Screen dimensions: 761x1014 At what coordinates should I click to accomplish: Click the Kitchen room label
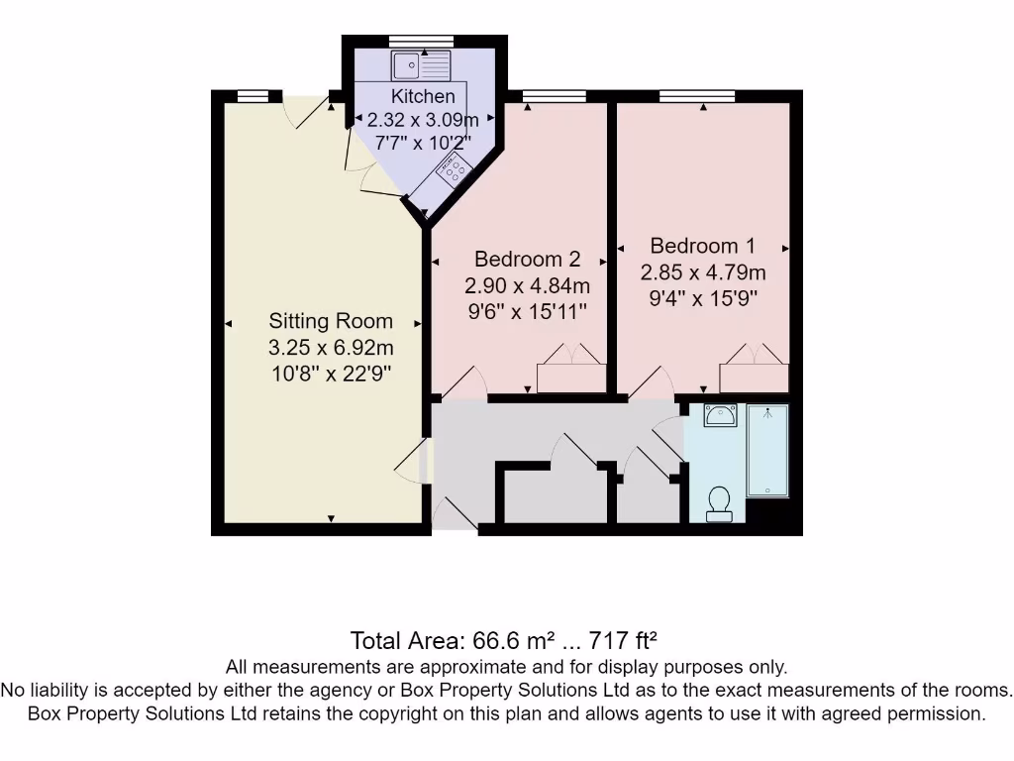tap(423, 96)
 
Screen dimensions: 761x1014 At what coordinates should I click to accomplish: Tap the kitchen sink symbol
tap(421, 66)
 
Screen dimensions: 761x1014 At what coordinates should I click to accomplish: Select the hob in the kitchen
tap(454, 169)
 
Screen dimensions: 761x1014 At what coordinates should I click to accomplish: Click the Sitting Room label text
tap(331, 321)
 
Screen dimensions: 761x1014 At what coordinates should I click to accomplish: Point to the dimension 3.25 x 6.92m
tap(331, 348)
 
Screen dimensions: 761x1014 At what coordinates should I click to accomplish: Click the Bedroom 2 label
tap(527, 260)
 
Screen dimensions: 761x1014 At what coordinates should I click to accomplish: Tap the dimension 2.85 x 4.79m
tap(702, 272)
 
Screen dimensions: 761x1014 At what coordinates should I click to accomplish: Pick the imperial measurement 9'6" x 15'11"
tap(527, 312)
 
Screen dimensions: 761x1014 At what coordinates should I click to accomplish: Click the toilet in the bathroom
tap(719, 503)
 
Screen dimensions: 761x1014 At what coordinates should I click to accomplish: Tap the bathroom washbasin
tap(720, 414)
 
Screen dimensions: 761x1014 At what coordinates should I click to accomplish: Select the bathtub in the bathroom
tap(767, 450)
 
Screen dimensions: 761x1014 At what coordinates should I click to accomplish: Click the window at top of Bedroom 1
tap(697, 96)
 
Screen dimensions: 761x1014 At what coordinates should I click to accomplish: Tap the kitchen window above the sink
tap(421, 41)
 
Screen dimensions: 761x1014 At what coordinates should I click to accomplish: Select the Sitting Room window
tap(253, 96)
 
